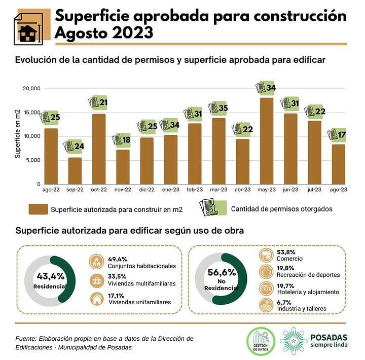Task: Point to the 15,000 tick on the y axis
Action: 32,113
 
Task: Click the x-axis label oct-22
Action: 98,190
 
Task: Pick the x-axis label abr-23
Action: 243,190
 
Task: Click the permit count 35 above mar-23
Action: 223,108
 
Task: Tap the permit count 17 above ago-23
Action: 342,135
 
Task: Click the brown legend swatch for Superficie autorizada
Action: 38,208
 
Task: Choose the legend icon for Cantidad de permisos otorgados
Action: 212,207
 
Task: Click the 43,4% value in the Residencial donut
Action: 50,276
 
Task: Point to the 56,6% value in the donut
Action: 222,272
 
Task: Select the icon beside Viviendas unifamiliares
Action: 96,299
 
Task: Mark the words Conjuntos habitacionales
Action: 141,266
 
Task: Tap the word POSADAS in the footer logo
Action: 328,337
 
